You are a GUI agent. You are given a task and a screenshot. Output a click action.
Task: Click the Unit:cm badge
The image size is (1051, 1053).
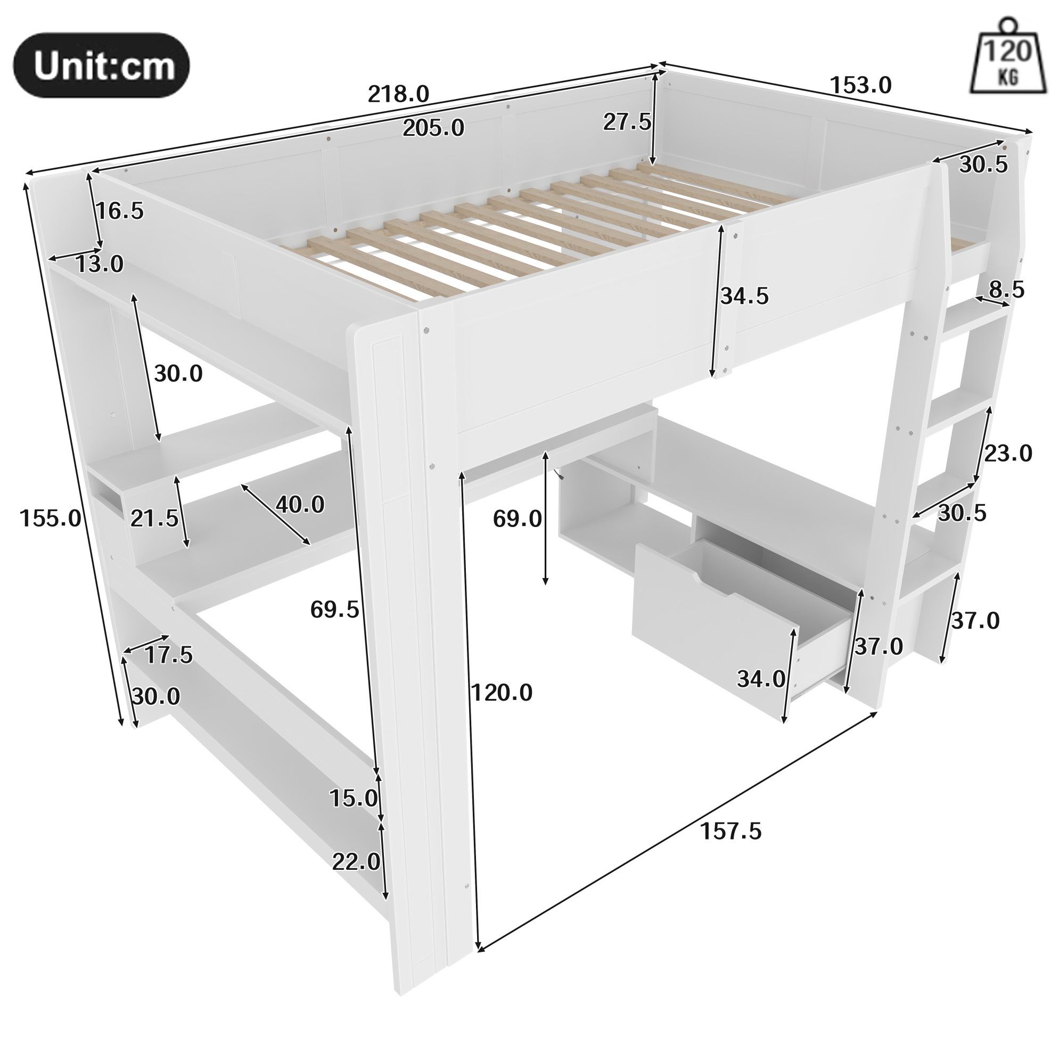click(101, 65)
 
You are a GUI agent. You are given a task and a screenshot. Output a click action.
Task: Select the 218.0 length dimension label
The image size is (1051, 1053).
click(398, 94)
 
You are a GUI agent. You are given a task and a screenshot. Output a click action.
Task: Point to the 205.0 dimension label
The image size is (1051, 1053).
click(433, 128)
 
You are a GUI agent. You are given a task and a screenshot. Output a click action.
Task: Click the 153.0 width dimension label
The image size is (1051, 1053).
click(860, 85)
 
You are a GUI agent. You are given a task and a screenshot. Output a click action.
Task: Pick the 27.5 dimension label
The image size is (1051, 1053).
click(627, 122)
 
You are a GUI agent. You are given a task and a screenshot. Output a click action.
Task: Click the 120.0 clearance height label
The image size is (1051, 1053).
click(502, 693)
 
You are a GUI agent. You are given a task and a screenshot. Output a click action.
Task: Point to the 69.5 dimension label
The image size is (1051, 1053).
click(335, 610)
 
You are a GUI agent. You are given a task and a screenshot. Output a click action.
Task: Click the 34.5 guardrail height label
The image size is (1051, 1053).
click(744, 296)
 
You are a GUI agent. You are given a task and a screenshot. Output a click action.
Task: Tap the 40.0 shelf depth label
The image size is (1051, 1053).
click(300, 505)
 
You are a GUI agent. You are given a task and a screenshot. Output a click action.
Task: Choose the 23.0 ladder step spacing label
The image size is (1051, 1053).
click(1008, 453)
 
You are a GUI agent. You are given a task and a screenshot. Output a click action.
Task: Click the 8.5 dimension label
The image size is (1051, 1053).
click(1007, 290)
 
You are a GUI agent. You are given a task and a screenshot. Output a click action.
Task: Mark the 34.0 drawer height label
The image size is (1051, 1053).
click(761, 679)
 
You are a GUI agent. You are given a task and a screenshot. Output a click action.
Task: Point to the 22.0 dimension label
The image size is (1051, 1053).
click(356, 862)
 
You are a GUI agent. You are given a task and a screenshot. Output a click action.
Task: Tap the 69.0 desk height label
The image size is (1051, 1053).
click(518, 520)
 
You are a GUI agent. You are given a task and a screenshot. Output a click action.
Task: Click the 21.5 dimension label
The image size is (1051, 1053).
click(154, 519)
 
